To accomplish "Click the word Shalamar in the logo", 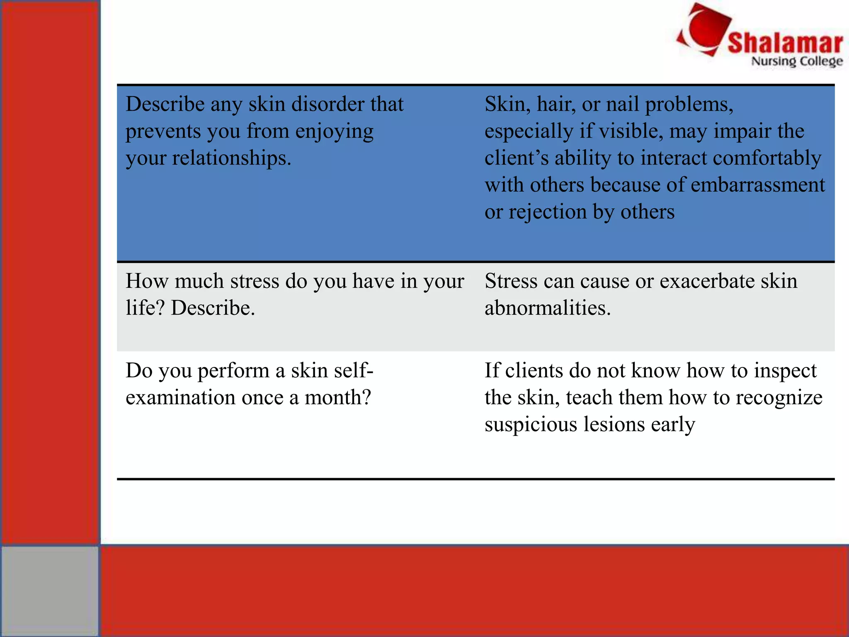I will tap(785, 43).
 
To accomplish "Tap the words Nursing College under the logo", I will tap(797, 61).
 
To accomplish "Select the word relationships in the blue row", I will tap(232, 158).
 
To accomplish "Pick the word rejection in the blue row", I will tap(548, 212).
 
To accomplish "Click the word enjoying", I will tap(334, 131).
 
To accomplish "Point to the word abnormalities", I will tap(548, 308).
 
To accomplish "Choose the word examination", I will tap(180, 398).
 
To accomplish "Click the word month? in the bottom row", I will tap(337, 398).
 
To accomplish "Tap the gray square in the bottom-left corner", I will tap(50, 591).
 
